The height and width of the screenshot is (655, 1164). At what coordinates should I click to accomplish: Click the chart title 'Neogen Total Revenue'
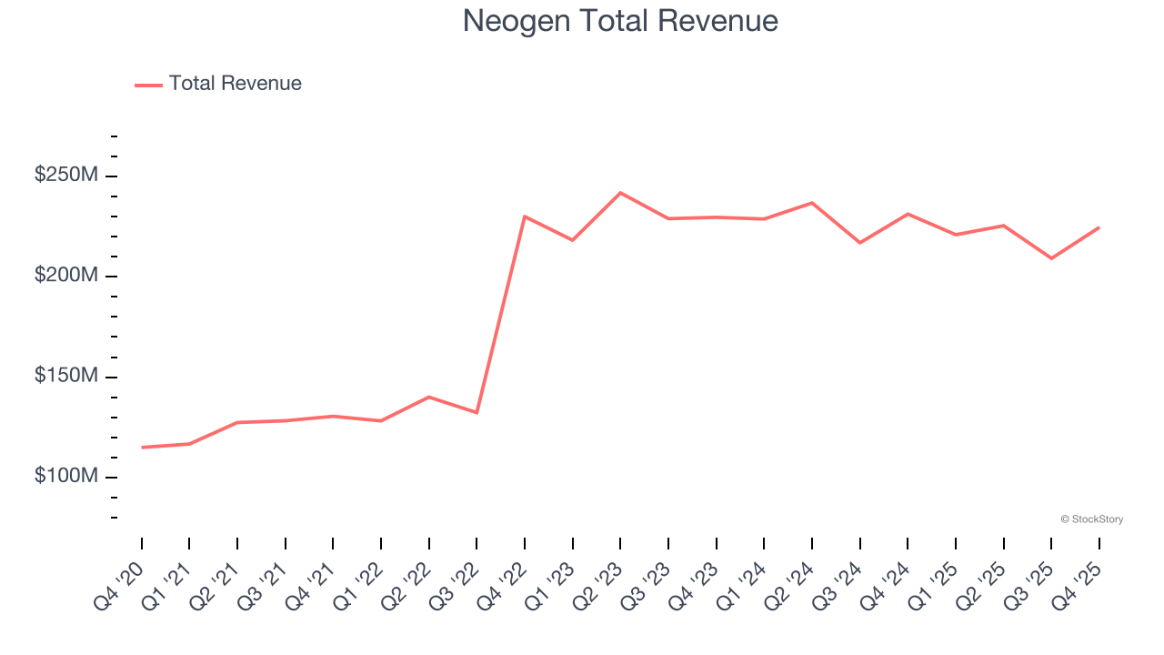pyautogui.click(x=620, y=21)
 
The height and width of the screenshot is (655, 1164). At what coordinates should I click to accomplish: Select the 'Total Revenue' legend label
pyautogui.click(x=235, y=84)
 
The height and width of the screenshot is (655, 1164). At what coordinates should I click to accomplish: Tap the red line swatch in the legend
pyautogui.click(x=148, y=85)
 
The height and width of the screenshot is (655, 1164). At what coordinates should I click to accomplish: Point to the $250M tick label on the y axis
pyautogui.click(x=65, y=175)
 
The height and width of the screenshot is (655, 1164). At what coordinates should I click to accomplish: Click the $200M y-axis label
pyautogui.click(x=65, y=276)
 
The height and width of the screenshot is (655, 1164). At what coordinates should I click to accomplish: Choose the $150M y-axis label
pyautogui.click(x=65, y=377)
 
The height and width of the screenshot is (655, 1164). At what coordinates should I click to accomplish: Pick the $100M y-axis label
pyautogui.click(x=65, y=477)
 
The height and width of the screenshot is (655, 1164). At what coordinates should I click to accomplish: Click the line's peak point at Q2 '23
pyautogui.click(x=620, y=193)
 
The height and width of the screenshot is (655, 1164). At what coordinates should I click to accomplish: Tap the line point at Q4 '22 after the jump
pyautogui.click(x=525, y=217)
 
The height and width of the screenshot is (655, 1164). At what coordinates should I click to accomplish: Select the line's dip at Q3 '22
pyautogui.click(x=477, y=413)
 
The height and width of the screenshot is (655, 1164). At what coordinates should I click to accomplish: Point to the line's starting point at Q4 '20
pyautogui.click(x=142, y=448)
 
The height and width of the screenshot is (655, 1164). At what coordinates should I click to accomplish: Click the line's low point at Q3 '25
pyautogui.click(x=1051, y=258)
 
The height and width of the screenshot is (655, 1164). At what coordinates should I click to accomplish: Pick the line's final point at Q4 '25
pyautogui.click(x=1099, y=227)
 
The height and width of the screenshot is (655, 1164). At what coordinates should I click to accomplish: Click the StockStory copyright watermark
pyautogui.click(x=1091, y=519)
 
